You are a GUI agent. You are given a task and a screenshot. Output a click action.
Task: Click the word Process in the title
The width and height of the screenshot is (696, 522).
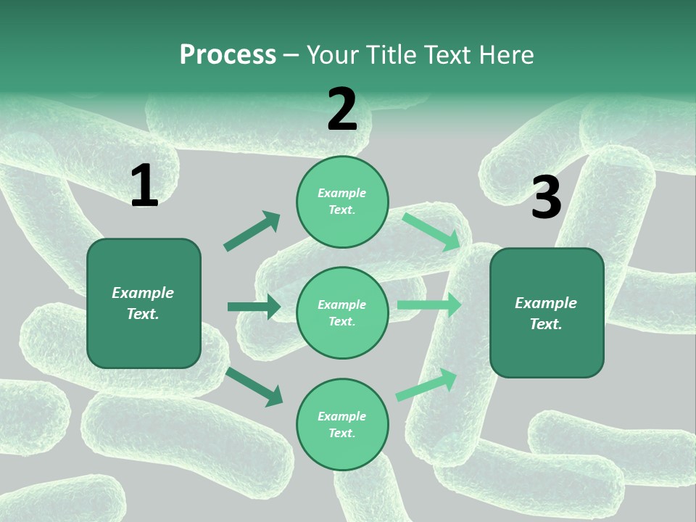pos(228,55)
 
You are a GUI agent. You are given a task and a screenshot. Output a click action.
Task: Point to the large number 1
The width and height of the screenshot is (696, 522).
pos(144,186)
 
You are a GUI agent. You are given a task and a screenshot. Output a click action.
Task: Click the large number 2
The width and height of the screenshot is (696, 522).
pos(342,110)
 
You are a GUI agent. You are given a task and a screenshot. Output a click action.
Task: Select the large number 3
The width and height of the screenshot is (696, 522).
pos(546,198)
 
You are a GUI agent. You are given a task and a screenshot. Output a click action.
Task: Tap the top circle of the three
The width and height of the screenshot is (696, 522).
pos(342,202)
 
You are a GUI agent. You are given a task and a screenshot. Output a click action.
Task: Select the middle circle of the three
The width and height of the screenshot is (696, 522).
pos(342,313)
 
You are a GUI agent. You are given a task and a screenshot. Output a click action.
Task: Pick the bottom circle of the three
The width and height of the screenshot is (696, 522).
pos(342,425)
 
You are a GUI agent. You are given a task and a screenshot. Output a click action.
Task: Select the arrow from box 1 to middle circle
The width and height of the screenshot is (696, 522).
pos(254,307)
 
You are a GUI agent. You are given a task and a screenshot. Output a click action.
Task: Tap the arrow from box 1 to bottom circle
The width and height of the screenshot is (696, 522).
pos(254,386)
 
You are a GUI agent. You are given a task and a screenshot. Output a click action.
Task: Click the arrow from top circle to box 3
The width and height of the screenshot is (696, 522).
pos(431,231)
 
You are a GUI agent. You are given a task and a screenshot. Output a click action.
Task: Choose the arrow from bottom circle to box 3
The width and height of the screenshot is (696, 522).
pos(427,385)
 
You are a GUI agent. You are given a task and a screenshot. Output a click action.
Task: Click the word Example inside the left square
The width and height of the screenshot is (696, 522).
pos(143,293)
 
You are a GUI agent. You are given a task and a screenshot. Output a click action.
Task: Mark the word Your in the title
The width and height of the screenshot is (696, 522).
pos(333,55)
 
